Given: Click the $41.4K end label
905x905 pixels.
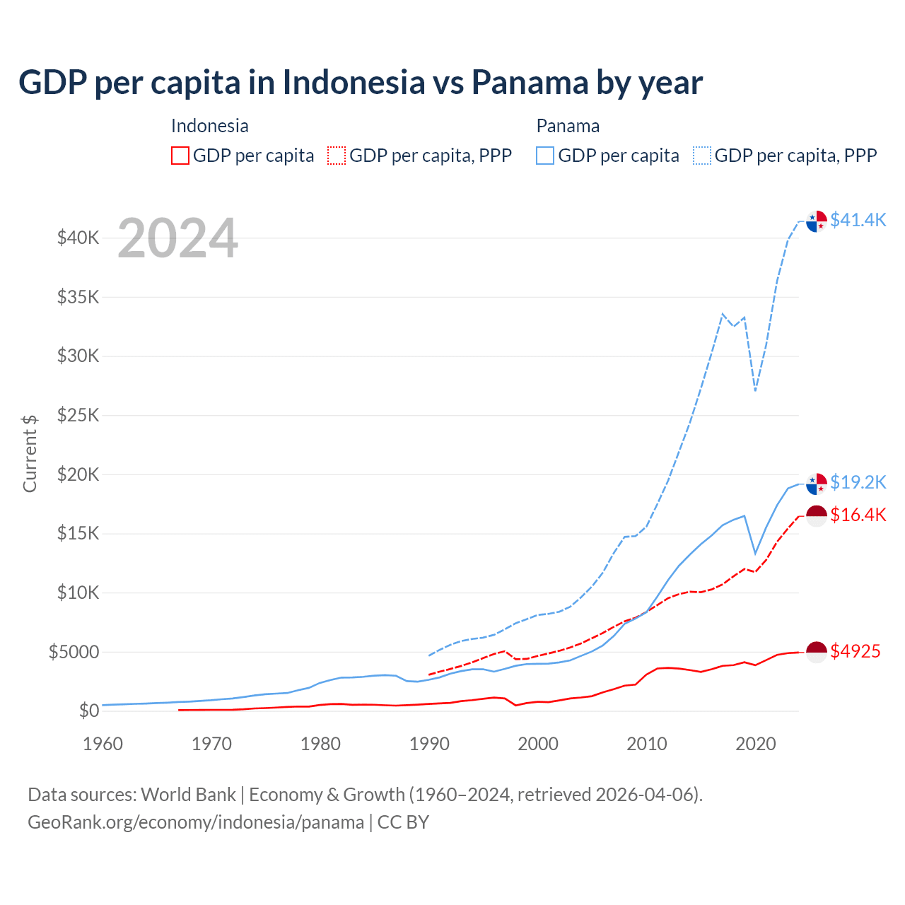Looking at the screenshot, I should coord(858,220).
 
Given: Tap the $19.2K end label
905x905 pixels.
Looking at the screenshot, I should coord(858,482).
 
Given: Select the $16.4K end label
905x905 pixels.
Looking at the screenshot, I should coord(858,515).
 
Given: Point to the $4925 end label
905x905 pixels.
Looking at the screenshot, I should coord(855,651).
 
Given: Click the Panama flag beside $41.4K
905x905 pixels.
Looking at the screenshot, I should coord(817,221).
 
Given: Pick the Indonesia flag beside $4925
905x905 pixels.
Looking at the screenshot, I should coord(817,652).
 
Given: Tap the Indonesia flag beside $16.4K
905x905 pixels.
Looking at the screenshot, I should coord(817,515).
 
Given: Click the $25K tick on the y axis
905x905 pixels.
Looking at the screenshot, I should coord(78,415).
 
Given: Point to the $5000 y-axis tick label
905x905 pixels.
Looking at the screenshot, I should coord(74,652).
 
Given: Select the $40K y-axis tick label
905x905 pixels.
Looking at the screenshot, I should coord(78,238).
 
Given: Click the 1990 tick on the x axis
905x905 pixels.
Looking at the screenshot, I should coord(429,744).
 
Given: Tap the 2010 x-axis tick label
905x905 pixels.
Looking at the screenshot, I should coord(647,744).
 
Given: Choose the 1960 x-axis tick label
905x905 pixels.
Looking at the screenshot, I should coord(103,744).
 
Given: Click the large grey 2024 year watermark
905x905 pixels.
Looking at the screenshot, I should coord(177,239).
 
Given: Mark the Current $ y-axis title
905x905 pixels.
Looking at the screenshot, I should coord(30,454).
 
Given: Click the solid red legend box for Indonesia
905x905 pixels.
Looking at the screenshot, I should coord(180,156).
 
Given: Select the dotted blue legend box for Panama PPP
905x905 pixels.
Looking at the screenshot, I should coord(702,156).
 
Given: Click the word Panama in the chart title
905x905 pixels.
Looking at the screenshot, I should coord(529,83).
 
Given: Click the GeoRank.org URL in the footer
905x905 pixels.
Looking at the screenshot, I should coord(196,822).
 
